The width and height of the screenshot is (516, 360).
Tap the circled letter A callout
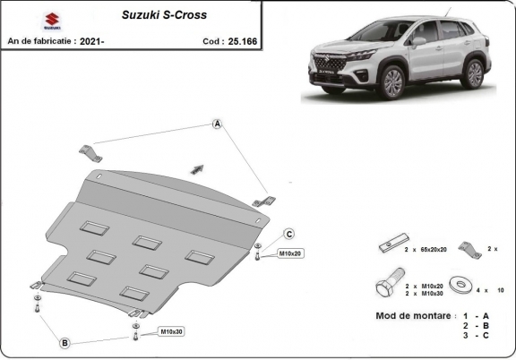[x=217, y=124]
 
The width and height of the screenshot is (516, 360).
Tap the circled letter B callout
[x=64, y=342]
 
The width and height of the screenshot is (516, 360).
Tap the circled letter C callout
[x=289, y=234]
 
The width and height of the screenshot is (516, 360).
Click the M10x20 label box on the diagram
[x=290, y=253]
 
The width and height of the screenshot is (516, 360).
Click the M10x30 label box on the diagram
[x=171, y=333]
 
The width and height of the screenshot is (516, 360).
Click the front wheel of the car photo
[x=391, y=83]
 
